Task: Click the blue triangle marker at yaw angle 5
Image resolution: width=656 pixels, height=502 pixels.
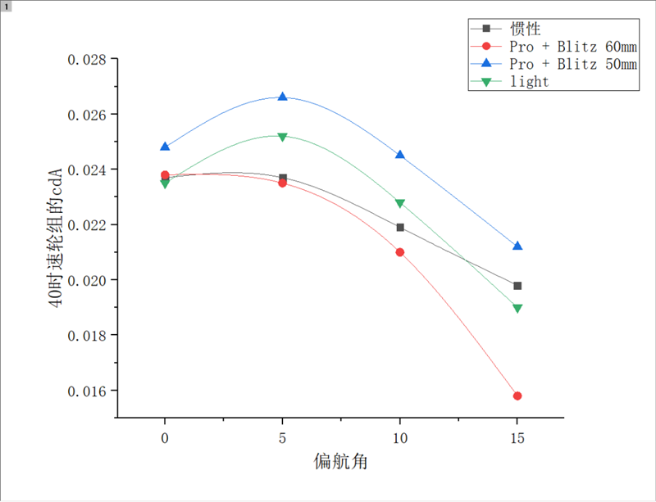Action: click(283, 97)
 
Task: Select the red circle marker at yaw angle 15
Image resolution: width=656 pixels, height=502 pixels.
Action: click(517, 396)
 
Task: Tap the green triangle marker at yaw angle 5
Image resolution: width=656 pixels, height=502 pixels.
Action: click(283, 137)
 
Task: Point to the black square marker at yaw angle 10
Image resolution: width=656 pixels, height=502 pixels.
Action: click(400, 227)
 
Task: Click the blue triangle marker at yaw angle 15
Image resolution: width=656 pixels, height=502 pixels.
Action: click(517, 246)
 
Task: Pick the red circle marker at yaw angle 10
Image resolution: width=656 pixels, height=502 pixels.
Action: click(400, 252)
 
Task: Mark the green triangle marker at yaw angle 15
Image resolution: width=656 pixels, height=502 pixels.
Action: click(517, 309)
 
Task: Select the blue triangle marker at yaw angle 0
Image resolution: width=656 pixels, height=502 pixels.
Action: click(165, 147)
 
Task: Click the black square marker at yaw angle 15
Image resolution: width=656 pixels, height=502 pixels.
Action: click(517, 286)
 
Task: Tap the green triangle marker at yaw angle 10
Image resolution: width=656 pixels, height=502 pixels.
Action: click(400, 203)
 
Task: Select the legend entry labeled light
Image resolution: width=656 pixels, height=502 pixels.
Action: click(529, 82)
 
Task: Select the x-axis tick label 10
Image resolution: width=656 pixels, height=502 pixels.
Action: click(400, 438)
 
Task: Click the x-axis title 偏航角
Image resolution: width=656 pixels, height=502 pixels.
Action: click(340, 462)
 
